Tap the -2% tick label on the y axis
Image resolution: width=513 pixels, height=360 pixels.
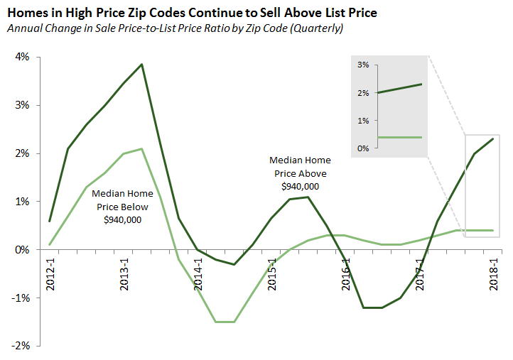[18, 346]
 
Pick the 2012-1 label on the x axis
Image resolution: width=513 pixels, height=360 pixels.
[50, 271]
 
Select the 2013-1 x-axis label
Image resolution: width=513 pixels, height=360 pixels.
[124, 271]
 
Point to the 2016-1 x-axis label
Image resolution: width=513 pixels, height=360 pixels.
[346, 271]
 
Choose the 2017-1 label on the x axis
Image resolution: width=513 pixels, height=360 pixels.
[420, 271]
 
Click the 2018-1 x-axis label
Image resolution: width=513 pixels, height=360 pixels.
[494, 271]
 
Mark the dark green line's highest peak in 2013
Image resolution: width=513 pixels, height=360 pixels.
[142, 65]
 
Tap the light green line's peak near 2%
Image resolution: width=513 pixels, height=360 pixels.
[142, 148]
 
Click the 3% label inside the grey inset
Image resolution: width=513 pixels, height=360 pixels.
[363, 65]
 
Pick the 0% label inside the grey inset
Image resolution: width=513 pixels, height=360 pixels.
[363, 148]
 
